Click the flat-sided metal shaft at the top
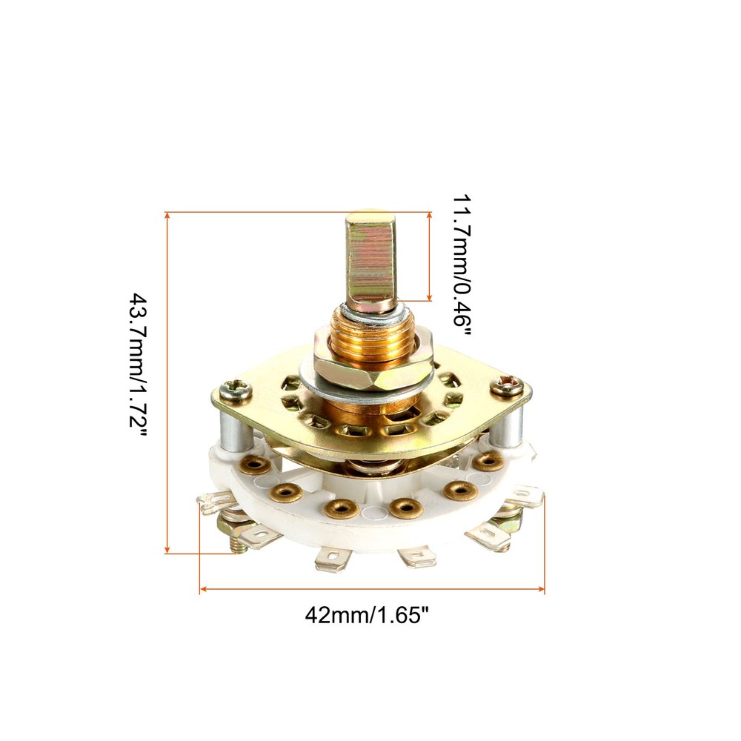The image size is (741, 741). [x=370, y=261]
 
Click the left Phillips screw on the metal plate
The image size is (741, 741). [x=235, y=391]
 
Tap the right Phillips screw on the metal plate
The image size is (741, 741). [x=506, y=385]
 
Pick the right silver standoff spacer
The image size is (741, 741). [x=507, y=425]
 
